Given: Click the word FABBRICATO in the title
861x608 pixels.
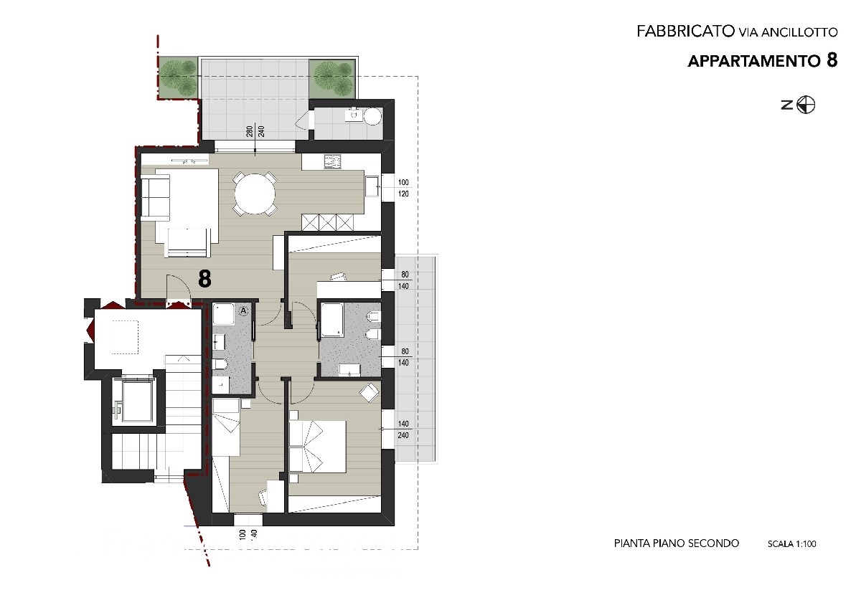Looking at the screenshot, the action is tap(685, 32).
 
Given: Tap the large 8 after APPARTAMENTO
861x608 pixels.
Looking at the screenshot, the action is tap(831, 61).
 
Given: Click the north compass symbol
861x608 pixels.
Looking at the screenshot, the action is tap(806, 105).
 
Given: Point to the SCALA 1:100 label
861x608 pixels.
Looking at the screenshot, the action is tap(792, 544).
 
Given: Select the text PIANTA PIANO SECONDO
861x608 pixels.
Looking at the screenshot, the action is tap(677, 543).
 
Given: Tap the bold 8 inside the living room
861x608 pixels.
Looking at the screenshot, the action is tap(204, 279).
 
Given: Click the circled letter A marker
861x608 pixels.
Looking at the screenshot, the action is tap(244, 311).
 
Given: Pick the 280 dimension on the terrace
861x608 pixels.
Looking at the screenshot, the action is tap(250, 131).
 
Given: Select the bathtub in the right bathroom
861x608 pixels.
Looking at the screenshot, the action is tap(331, 319).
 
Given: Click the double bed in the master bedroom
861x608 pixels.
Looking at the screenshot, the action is tap(317, 446).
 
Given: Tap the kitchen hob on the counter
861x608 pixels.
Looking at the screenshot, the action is tap(332, 162).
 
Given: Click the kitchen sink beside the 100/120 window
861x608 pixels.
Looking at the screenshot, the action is tap(372, 186).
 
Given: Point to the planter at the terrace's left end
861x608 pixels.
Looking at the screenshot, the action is tap(178, 77).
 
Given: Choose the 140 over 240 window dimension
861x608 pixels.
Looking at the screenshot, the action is tap(403, 429).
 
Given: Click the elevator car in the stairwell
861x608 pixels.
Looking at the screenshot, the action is tap(137, 402).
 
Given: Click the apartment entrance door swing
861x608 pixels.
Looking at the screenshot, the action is tap(179, 287).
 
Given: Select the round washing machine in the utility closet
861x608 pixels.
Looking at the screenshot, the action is tap(372, 116).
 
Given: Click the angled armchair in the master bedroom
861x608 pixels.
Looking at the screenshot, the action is tap(370, 392).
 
